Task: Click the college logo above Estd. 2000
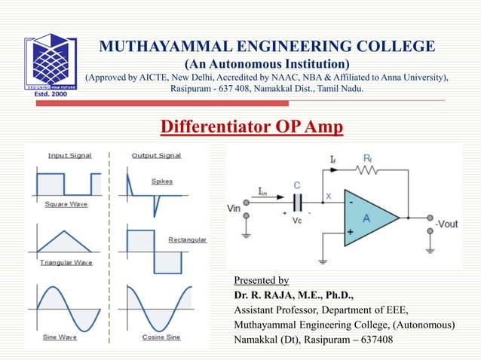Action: coord(51,63)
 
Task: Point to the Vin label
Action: coord(237,207)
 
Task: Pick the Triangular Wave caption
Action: coord(67,262)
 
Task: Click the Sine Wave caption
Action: coord(60,337)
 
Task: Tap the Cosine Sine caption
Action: coord(161,337)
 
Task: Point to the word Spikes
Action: coord(161,182)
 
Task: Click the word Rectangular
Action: coord(187,239)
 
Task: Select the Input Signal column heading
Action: coord(69,155)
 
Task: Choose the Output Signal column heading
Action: coord(156,155)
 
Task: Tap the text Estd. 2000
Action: coord(47,96)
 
